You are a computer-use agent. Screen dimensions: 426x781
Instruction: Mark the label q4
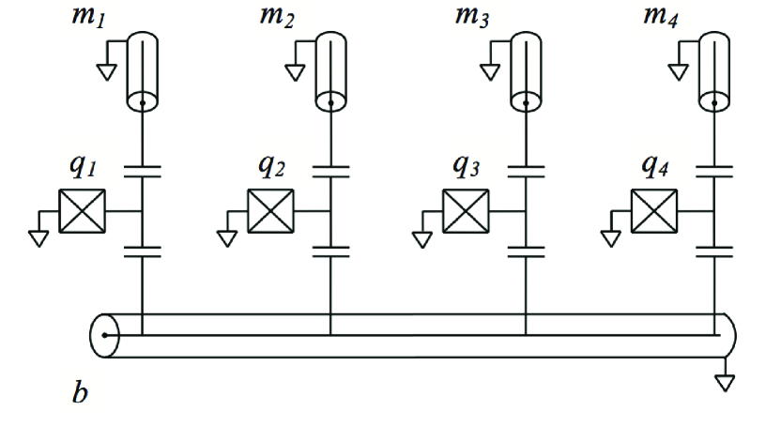pyautogui.click(x=655, y=169)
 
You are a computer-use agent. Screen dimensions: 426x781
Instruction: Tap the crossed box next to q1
pyautogui.click(x=83, y=211)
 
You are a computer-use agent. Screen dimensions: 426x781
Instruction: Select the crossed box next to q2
pyautogui.click(x=271, y=211)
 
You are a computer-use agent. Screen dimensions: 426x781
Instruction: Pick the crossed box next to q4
pyautogui.click(x=654, y=211)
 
